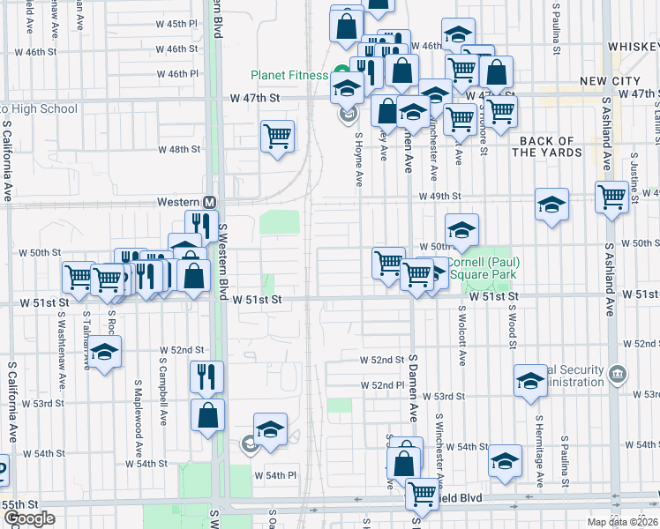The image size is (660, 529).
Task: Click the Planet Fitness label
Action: (289, 75)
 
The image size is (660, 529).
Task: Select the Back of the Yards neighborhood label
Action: (547, 146)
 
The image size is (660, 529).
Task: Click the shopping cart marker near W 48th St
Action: (277, 137)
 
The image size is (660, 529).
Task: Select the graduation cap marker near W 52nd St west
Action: (105, 354)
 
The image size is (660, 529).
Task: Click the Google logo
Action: (28, 518)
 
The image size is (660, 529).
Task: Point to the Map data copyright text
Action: (624, 522)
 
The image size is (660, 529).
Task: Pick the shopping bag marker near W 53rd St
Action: (206, 415)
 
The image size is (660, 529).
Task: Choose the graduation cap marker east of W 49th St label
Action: (551, 205)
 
